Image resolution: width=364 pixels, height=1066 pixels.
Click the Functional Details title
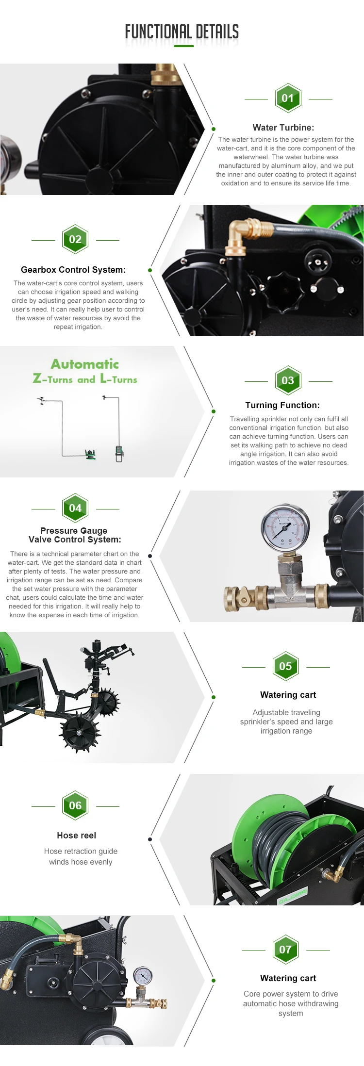(x=182, y=32)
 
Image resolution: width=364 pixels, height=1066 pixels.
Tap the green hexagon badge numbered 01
(x=288, y=98)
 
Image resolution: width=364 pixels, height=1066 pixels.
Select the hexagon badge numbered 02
(x=75, y=239)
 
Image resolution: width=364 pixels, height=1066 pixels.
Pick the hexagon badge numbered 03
(x=288, y=380)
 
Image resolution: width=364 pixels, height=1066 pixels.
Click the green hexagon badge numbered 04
(x=75, y=508)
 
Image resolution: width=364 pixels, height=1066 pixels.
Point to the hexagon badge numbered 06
(x=75, y=805)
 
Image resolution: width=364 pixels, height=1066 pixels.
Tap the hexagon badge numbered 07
(x=285, y=950)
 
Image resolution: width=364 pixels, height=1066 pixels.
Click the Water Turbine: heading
(x=283, y=128)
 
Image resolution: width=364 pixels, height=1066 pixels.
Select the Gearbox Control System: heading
(x=73, y=270)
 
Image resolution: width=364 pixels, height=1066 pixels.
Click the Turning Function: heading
(x=282, y=405)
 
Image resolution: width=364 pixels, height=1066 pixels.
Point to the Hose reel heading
(x=77, y=835)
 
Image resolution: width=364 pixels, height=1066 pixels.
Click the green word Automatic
(x=85, y=364)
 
